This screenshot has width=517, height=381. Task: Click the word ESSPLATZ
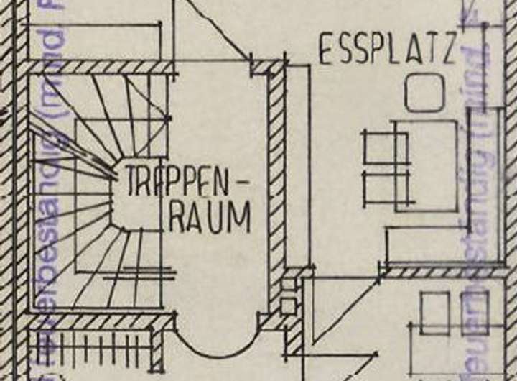coord(388,49)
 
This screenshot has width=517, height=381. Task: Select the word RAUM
coord(209,216)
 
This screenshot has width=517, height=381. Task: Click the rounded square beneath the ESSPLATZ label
coord(424,93)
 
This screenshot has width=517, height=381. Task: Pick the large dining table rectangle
coord(427,165)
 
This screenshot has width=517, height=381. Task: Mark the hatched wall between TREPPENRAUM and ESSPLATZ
coord(276,187)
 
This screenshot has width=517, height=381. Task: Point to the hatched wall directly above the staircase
coord(101,68)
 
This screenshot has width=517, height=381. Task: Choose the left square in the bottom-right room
coord(435,313)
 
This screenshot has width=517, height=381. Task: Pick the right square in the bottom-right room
coord(474,313)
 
